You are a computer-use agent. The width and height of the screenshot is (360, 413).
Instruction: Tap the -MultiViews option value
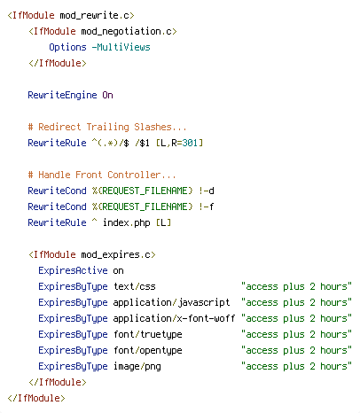(x=121, y=47)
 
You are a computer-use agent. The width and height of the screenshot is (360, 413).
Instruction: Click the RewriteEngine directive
(x=62, y=95)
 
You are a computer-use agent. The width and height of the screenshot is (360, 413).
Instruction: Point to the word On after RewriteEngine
(x=108, y=95)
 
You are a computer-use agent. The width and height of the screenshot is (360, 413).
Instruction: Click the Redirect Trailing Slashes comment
(x=107, y=127)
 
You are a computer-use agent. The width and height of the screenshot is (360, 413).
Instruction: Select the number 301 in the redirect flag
(x=190, y=143)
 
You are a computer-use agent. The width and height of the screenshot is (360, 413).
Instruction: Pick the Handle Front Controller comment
(x=102, y=175)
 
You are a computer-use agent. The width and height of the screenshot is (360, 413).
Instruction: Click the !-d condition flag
(x=207, y=191)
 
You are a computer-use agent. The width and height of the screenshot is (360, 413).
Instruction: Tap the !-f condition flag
(x=207, y=206)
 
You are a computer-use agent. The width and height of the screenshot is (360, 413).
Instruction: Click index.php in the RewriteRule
(x=127, y=222)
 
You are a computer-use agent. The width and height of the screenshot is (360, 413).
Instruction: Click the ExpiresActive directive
(x=73, y=270)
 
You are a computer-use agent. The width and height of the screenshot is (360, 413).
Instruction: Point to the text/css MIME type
(x=135, y=286)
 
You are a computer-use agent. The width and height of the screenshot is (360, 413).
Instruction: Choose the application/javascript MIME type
(x=171, y=302)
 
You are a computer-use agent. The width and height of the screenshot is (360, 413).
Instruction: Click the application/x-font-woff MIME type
(x=174, y=318)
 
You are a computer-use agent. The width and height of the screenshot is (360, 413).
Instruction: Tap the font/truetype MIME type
(x=148, y=334)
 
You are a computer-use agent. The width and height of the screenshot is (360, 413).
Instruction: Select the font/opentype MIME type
(x=148, y=350)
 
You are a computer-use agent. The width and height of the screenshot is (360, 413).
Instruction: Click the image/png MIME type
(x=137, y=366)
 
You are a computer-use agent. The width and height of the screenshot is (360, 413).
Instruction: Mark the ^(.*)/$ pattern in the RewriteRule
(x=111, y=143)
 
